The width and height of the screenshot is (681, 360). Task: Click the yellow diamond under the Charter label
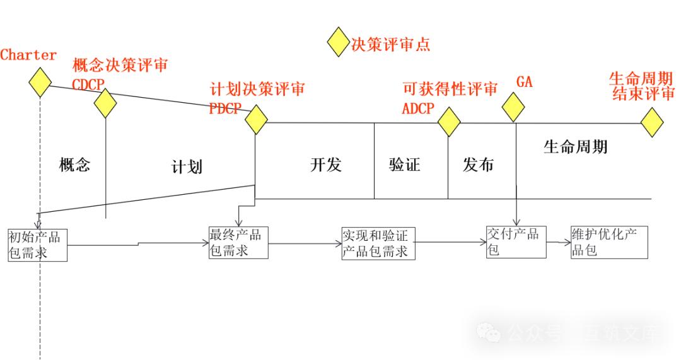(40, 82)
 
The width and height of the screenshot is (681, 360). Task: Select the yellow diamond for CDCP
(105, 102)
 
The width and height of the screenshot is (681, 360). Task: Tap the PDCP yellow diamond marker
(256, 119)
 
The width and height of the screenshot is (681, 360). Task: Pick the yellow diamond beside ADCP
(449, 122)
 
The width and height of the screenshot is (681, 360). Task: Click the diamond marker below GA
(514, 107)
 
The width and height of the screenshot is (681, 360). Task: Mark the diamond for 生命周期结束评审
(652, 122)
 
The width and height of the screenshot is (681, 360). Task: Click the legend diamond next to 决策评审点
(338, 42)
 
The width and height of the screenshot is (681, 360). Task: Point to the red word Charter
(28, 55)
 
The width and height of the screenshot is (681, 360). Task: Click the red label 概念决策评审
(120, 66)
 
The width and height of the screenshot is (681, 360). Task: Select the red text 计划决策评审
(257, 89)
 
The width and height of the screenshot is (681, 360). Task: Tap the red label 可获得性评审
(450, 89)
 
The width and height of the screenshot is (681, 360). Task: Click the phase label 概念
(75, 165)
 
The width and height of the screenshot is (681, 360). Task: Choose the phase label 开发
(326, 165)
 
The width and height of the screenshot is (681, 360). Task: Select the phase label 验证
(405, 165)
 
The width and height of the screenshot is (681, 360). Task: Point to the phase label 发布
(479, 165)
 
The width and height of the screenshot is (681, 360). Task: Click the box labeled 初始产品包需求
(38, 245)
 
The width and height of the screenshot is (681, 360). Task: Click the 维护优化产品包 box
(608, 242)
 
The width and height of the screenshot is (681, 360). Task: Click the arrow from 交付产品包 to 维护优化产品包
(558, 241)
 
